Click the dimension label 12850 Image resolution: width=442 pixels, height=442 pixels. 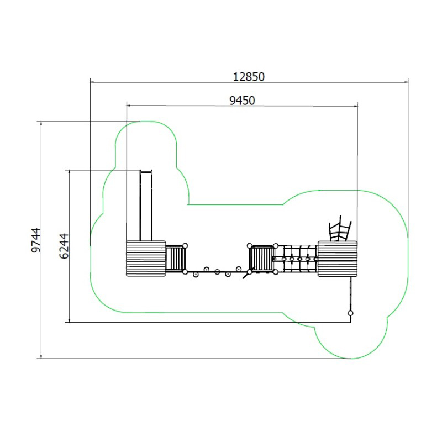[249, 77]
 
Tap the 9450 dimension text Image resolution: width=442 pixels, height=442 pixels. [242, 101]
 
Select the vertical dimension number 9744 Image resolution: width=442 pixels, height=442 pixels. [36, 240]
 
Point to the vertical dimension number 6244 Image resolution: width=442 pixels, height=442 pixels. [64, 246]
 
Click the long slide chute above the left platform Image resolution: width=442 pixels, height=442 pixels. [146, 206]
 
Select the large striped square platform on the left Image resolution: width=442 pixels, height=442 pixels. [146, 259]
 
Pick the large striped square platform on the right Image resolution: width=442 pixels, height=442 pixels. [338, 259]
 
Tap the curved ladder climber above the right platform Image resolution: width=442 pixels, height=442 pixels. [340, 229]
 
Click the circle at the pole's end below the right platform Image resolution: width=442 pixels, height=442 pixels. [350, 313]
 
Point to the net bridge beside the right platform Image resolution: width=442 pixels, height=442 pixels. [296, 259]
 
